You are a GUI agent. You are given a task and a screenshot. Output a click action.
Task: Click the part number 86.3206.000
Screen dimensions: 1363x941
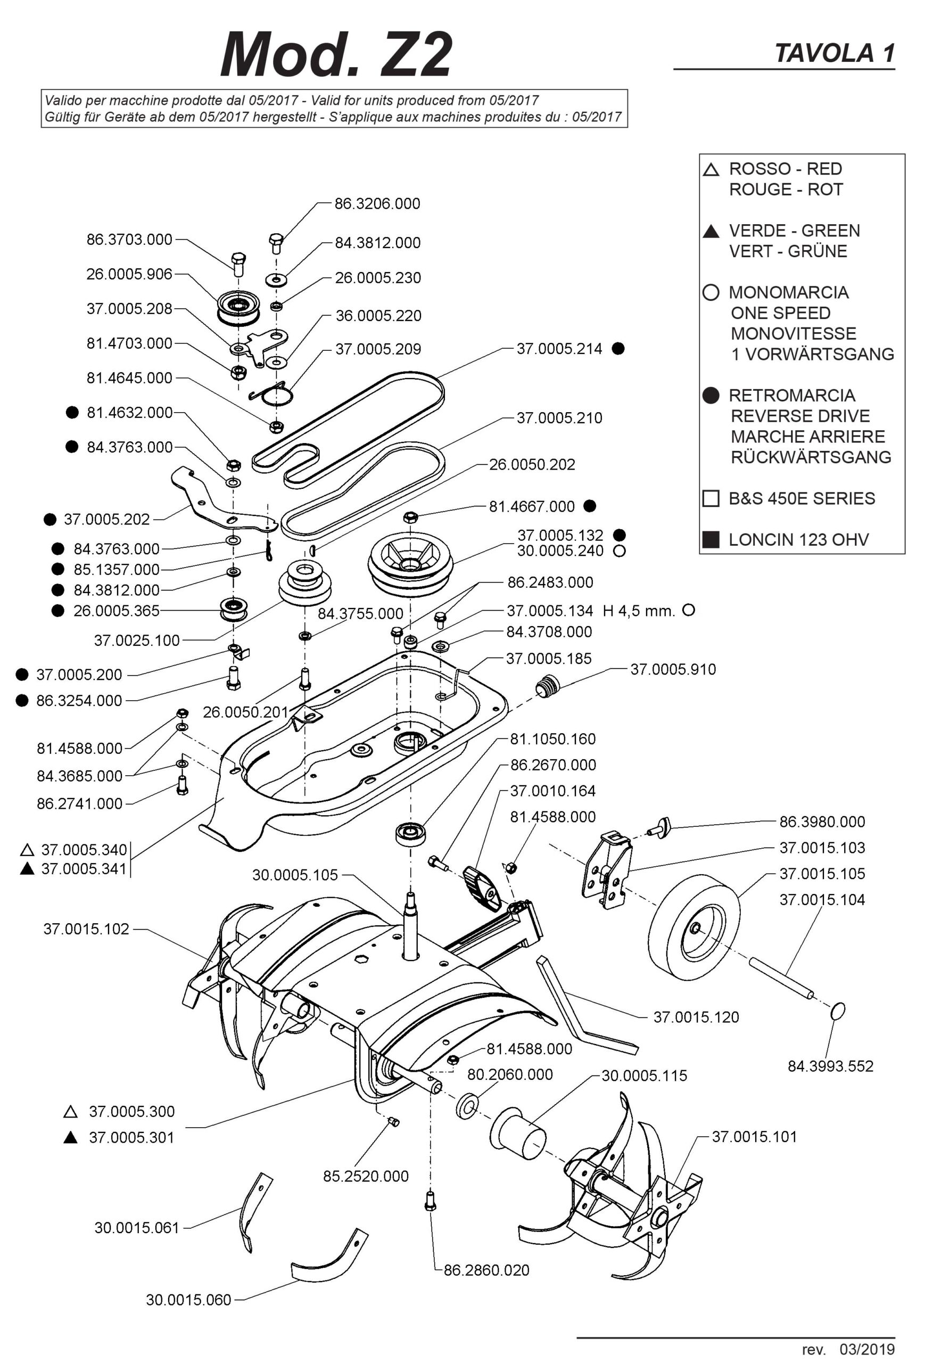(377, 204)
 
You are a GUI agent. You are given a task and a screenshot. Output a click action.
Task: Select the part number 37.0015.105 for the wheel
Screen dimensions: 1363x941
(822, 874)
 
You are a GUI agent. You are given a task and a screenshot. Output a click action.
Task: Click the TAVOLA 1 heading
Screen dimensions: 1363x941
(834, 54)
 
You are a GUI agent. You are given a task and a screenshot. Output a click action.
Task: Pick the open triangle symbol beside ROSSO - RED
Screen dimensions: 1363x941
(711, 170)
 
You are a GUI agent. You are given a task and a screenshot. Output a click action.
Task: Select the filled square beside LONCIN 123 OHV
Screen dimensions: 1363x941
(711, 540)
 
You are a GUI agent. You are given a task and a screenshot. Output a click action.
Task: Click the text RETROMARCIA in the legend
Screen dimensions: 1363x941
(791, 396)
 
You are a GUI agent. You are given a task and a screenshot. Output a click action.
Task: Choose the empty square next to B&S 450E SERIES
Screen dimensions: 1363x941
(711, 498)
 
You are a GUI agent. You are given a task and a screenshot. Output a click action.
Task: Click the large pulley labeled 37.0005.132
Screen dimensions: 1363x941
(411, 563)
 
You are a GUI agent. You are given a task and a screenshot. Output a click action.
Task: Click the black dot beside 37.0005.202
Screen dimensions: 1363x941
(50, 520)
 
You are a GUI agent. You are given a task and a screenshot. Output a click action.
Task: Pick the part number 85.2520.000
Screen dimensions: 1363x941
(366, 1176)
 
